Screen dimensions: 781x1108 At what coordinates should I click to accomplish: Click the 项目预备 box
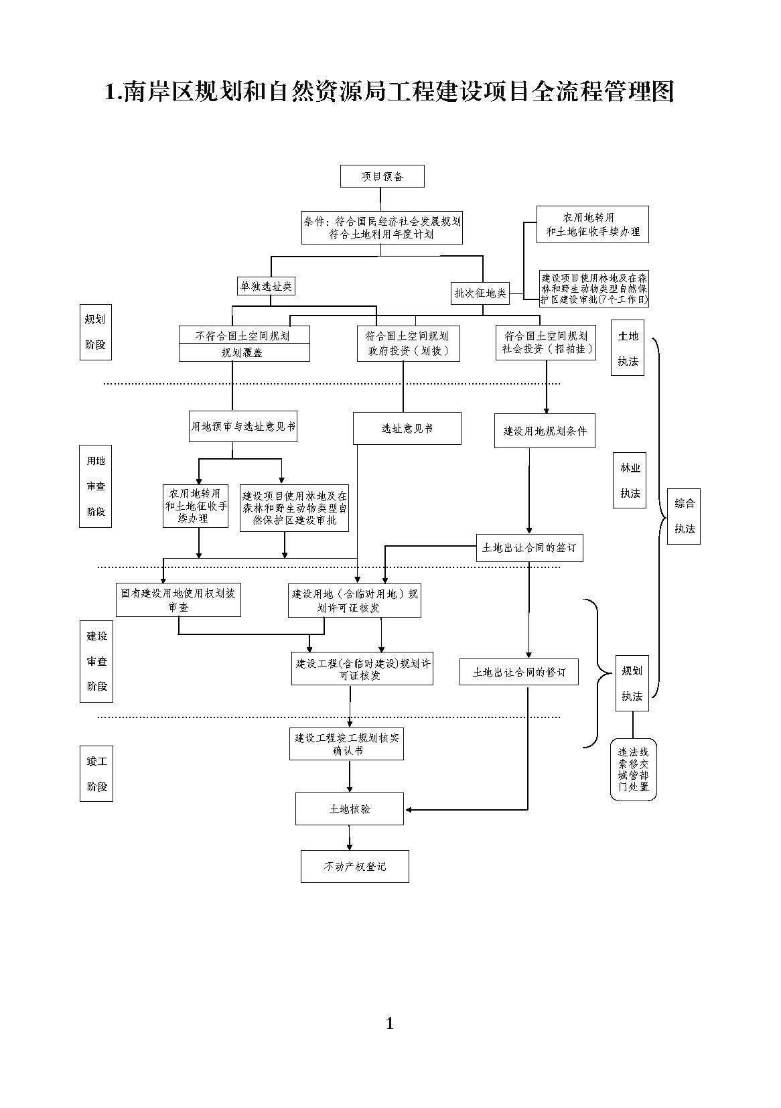382,176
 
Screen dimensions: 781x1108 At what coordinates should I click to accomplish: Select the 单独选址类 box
266,286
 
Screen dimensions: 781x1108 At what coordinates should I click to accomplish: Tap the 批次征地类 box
480,293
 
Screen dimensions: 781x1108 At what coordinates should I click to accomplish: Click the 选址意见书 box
407,428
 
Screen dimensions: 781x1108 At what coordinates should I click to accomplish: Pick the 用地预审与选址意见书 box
243,426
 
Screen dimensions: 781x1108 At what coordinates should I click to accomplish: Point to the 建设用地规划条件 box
545,431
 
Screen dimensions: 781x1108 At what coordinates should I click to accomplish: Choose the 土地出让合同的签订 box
529,547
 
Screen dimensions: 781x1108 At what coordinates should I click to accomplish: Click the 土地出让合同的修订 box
519,672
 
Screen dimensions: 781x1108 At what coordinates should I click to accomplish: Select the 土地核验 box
350,809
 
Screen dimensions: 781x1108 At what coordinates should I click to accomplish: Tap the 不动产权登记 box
354,866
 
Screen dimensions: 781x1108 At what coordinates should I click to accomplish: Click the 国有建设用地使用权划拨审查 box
178,600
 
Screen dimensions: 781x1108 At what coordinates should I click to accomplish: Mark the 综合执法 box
684,516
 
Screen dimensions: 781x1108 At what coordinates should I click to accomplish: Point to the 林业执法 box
630,480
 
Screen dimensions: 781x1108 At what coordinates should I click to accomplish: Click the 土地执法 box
628,348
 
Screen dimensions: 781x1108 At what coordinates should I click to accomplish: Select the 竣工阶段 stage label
96,774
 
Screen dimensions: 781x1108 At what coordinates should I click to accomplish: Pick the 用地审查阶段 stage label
96,486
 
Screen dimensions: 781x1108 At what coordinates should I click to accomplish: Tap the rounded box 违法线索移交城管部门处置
633,770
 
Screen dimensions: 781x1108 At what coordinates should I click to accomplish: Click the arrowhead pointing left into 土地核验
409,810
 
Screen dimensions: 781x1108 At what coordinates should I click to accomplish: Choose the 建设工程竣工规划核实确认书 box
346,744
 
